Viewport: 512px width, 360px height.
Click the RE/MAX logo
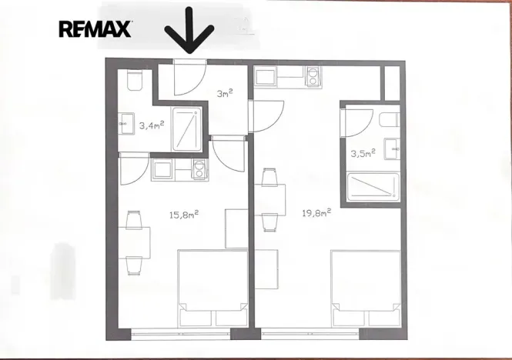[x=95, y=29]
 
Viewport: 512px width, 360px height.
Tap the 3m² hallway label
[x=224, y=94]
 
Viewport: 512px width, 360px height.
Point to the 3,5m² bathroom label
[x=362, y=153]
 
